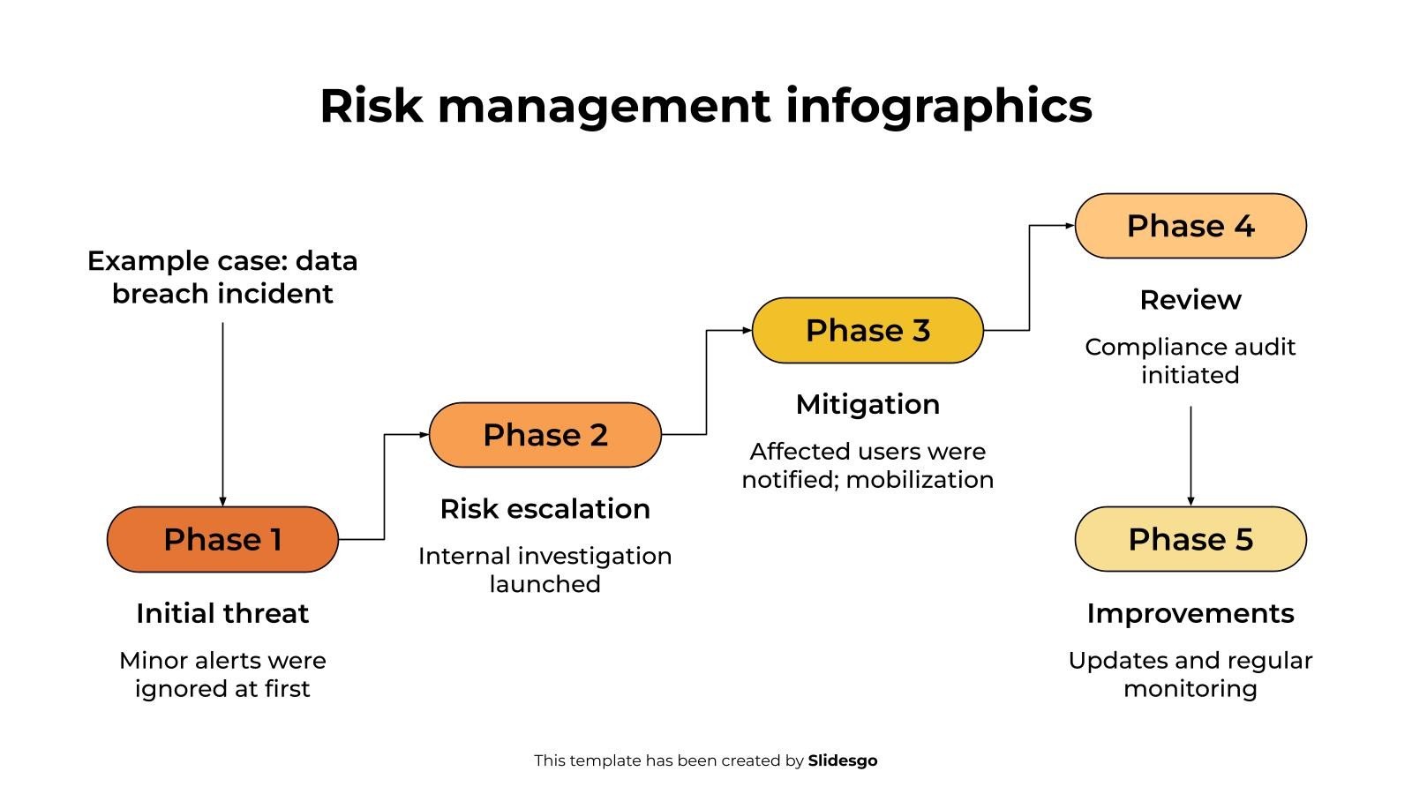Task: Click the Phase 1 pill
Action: (x=222, y=539)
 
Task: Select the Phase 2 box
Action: (x=545, y=435)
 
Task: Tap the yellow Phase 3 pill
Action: (x=867, y=330)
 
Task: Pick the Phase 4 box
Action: (x=1190, y=226)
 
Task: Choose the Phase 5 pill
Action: (x=1190, y=539)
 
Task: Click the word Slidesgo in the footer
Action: (x=842, y=760)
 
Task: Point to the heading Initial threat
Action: (x=222, y=613)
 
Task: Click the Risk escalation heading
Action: (x=545, y=509)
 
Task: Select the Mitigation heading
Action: (x=867, y=404)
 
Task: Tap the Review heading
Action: (x=1190, y=300)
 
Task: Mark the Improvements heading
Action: (x=1190, y=613)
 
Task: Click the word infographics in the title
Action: (x=938, y=106)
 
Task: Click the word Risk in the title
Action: (x=371, y=106)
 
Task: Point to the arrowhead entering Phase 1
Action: (x=222, y=501)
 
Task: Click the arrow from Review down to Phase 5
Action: (x=1190, y=454)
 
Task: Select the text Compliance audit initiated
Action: (x=1190, y=361)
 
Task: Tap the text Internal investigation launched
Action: (x=545, y=570)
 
